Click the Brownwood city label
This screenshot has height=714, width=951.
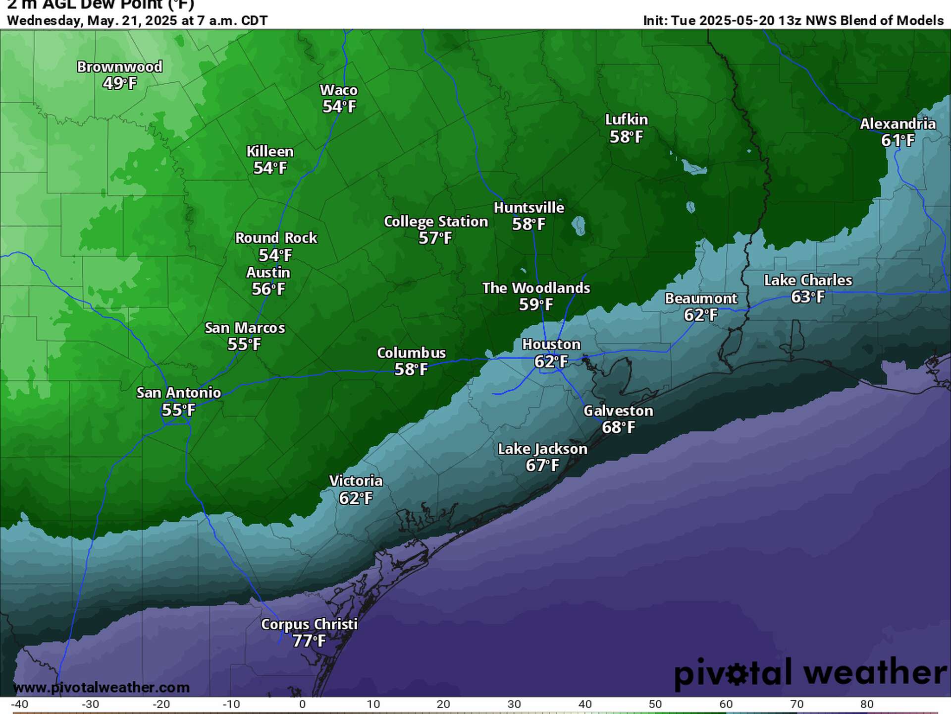coord(119,66)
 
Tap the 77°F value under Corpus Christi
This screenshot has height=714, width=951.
coord(309,641)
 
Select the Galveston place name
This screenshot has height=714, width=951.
coord(618,411)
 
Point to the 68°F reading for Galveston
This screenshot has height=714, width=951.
coord(618,427)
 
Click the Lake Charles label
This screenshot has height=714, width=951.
coord(808,280)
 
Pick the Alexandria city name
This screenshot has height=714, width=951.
coord(898,123)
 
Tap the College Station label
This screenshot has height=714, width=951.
coord(436,221)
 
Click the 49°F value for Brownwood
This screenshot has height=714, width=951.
coord(119,83)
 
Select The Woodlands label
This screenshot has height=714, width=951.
coord(536,288)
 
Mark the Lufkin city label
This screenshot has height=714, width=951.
coord(627,119)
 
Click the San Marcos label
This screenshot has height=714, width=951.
coord(245,328)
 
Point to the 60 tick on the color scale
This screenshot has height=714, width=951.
coord(726,704)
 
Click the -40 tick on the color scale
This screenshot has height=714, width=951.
coord(19,704)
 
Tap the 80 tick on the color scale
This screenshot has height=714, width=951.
coord(867,704)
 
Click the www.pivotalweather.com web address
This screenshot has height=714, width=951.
coord(101,687)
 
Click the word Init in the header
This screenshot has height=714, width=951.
coord(655,21)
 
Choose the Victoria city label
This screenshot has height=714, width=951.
coord(356,481)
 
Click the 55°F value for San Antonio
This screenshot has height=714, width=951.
coord(178,410)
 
